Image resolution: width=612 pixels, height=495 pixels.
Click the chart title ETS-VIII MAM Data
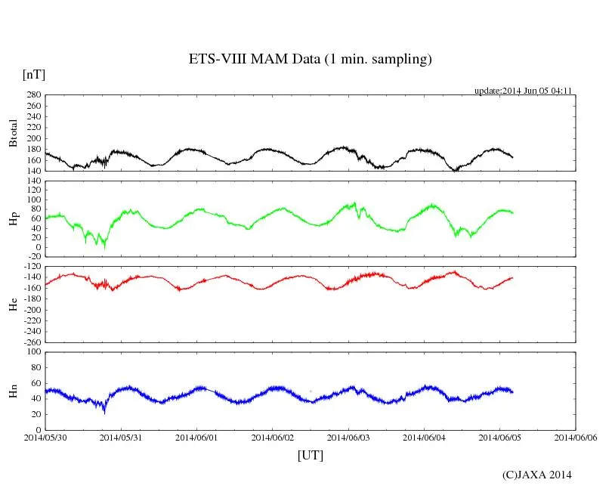(x=310, y=60)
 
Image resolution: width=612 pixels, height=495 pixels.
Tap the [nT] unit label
(x=34, y=75)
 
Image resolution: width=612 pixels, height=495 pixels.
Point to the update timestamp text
(x=522, y=91)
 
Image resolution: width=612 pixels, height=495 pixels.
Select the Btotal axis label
(x=13, y=134)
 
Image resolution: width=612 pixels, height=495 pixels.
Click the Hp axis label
(x=13, y=219)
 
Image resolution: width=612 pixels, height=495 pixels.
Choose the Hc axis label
(x=13, y=305)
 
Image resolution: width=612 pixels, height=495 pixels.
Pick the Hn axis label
(x=13, y=391)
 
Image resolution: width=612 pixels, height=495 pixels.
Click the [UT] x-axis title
(x=311, y=455)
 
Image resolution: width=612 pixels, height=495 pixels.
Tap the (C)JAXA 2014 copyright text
(x=536, y=475)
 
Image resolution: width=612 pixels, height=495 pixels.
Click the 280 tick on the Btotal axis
(x=32, y=95)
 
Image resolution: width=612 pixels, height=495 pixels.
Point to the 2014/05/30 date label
(x=45, y=437)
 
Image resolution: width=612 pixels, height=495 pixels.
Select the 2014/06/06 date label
(x=576, y=437)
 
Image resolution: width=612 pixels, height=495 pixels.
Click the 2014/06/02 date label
(x=272, y=437)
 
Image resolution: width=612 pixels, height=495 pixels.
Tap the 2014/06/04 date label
(x=424, y=437)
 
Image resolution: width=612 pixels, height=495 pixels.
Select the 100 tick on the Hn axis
(x=32, y=351)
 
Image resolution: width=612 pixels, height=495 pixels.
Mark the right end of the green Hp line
(x=513, y=212)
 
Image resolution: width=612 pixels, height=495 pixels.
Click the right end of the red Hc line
(x=513, y=277)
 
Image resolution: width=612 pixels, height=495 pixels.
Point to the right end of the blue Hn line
(x=513, y=391)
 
